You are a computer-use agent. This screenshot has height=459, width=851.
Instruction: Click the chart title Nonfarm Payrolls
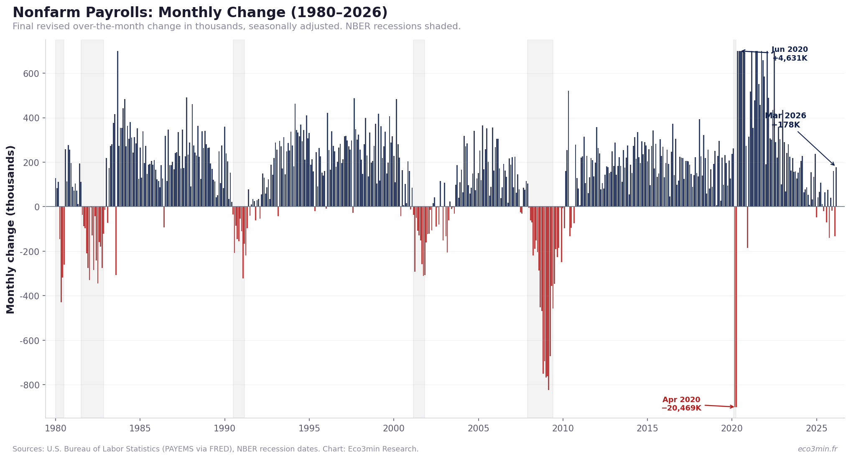[200, 13]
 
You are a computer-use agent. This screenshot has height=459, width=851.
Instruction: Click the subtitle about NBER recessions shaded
[236, 27]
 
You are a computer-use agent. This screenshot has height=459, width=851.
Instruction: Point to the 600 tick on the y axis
[31, 74]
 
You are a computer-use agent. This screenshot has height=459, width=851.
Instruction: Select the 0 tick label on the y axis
[37, 207]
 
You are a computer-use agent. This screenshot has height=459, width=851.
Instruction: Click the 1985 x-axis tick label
[140, 428]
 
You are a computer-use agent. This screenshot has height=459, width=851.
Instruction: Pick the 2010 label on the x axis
[563, 428]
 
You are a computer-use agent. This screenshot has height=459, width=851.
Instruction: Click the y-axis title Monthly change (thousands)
[11, 229]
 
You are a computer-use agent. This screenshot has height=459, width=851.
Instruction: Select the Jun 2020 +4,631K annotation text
[789, 54]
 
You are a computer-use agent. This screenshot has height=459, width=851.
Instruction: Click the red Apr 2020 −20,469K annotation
[681, 404]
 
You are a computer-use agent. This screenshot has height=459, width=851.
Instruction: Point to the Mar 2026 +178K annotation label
[785, 120]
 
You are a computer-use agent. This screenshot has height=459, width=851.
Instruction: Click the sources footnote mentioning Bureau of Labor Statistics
[215, 449]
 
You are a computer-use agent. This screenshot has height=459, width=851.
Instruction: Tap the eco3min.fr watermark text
[817, 449]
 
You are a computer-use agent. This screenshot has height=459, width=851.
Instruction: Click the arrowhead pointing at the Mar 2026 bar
[834, 165]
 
